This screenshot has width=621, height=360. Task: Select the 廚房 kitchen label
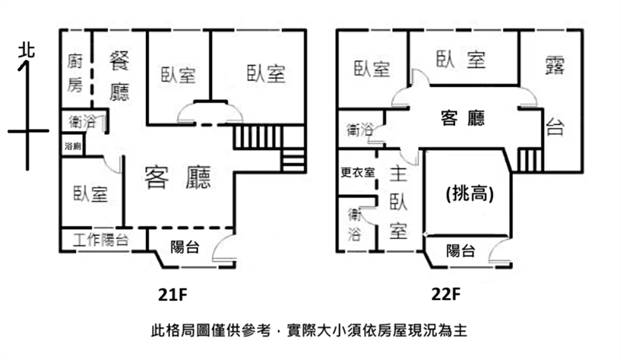click(75, 71)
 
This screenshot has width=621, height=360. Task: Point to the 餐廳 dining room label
click(119, 74)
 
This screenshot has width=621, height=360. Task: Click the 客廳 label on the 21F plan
click(178, 178)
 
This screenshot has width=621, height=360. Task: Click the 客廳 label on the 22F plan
click(463, 118)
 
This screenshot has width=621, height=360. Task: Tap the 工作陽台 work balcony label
click(101, 240)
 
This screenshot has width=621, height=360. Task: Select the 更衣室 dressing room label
click(357, 172)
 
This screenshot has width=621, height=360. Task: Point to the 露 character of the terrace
click(553, 67)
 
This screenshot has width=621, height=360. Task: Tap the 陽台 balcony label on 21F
click(184, 248)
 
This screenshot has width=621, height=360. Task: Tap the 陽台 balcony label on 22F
click(461, 250)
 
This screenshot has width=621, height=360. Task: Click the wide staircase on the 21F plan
click(257, 137)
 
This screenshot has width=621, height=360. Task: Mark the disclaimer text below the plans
click(310, 331)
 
